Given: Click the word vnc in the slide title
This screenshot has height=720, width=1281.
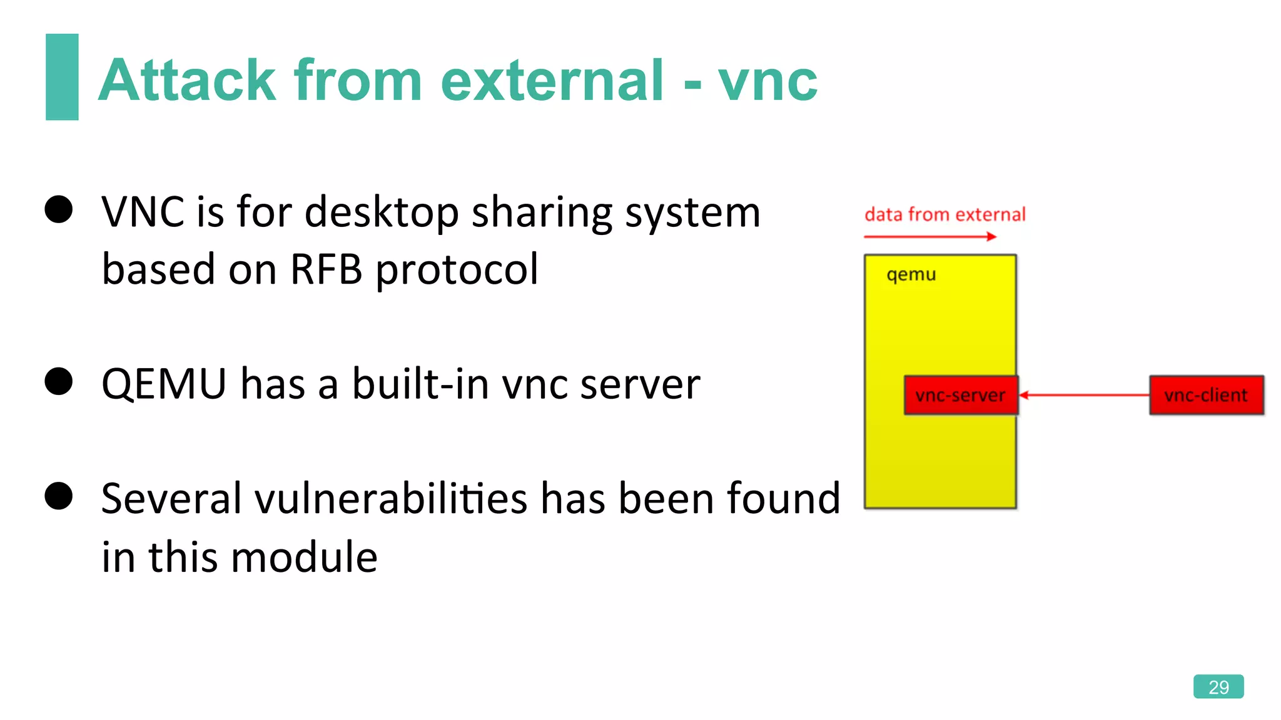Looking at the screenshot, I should [767, 81].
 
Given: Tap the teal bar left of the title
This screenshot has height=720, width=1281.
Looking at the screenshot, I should [62, 77].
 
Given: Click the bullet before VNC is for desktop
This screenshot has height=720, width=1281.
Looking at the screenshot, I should [59, 209].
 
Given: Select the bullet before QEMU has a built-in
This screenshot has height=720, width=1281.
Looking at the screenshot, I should [59, 381].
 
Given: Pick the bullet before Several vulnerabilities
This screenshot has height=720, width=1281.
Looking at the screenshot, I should [59, 496].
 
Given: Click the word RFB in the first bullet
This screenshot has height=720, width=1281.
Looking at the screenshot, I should [326, 269].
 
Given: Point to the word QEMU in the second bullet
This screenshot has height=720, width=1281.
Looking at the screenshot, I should [164, 384].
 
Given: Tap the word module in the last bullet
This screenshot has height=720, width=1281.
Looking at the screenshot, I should [305, 557].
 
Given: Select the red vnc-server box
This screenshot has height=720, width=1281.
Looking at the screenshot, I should [961, 395].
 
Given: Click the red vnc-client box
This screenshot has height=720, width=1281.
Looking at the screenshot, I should [1206, 395].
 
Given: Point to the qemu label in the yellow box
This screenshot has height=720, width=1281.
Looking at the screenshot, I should [911, 274].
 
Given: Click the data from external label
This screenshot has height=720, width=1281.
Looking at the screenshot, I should [944, 214].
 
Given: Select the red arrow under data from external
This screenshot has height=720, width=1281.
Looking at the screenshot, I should [929, 236].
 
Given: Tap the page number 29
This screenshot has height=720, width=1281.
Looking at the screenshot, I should [1218, 687].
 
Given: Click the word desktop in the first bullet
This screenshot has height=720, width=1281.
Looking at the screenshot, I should [382, 212].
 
